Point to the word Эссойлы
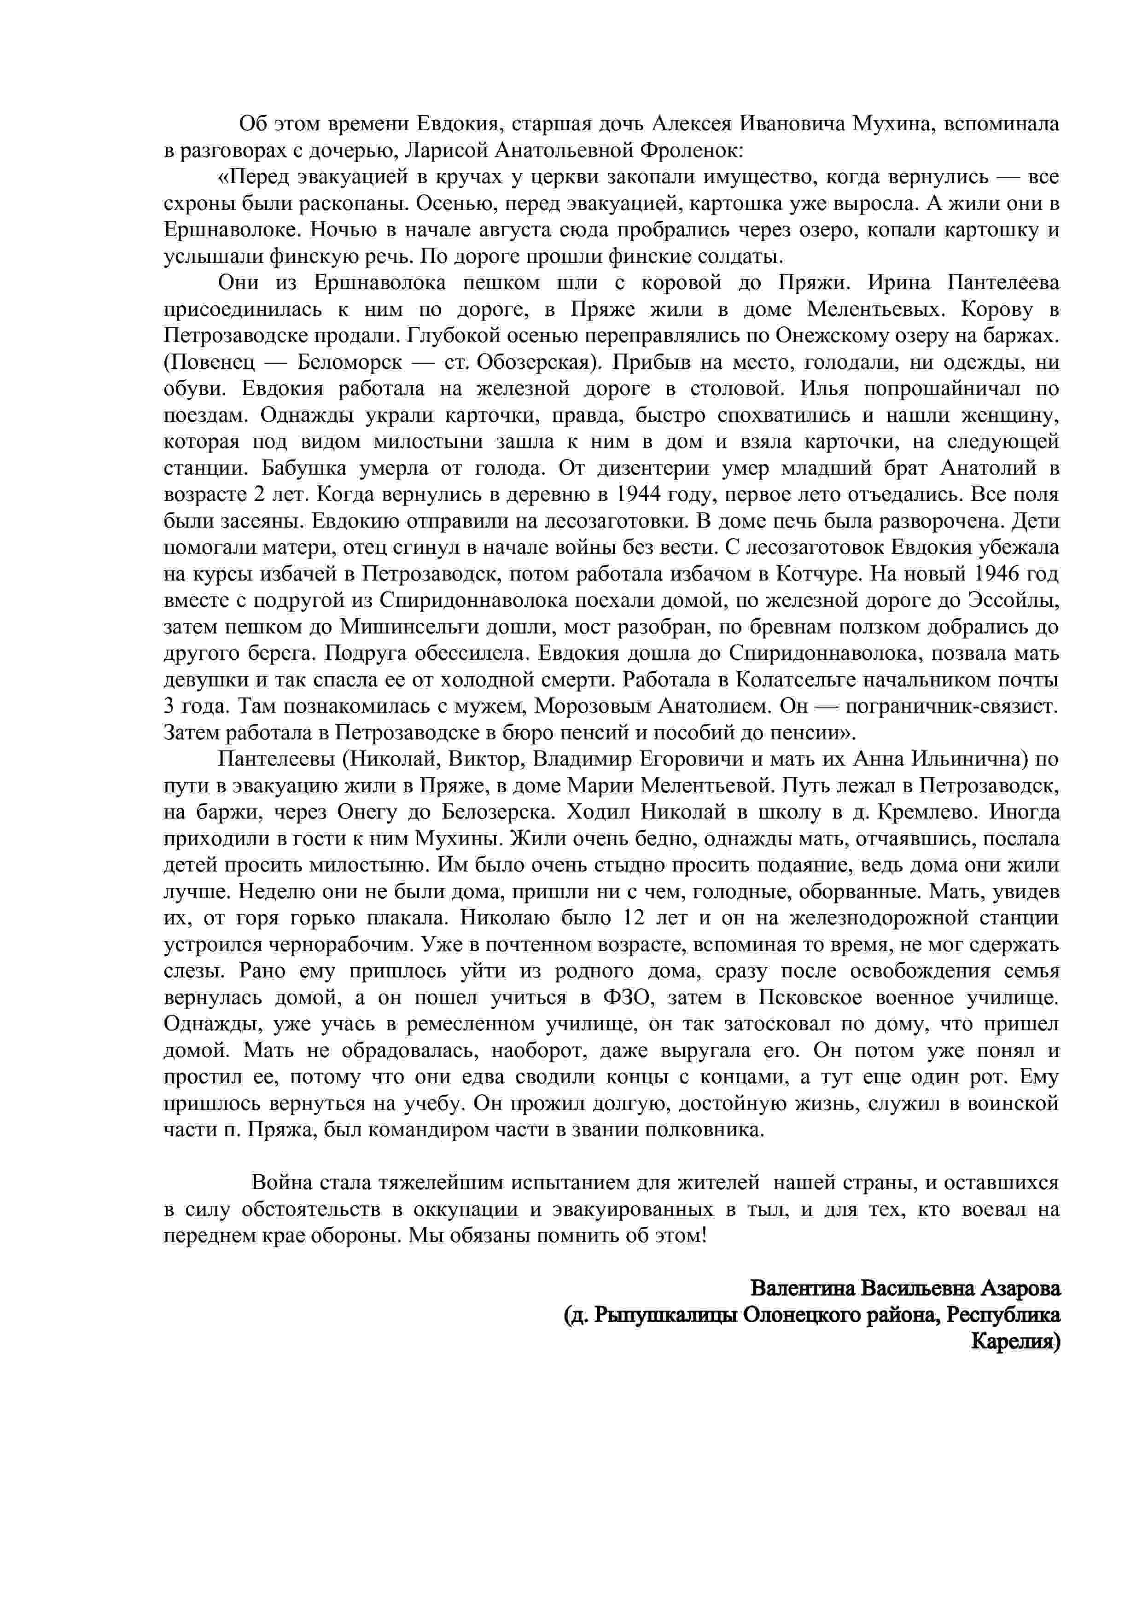click(1013, 601)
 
